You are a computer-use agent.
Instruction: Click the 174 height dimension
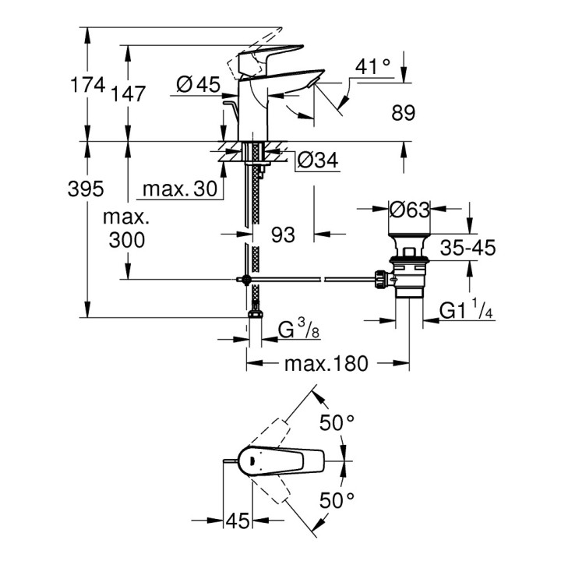pos(88,85)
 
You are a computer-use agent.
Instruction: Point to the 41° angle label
pos(372,68)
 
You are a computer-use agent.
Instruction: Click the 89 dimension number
pos(402,114)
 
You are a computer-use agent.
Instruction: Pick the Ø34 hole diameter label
pos(317,161)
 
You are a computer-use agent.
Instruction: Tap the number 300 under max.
pos(128,241)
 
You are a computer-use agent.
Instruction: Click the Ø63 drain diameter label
pos(410,210)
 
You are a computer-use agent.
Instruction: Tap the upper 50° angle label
pos(338,423)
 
